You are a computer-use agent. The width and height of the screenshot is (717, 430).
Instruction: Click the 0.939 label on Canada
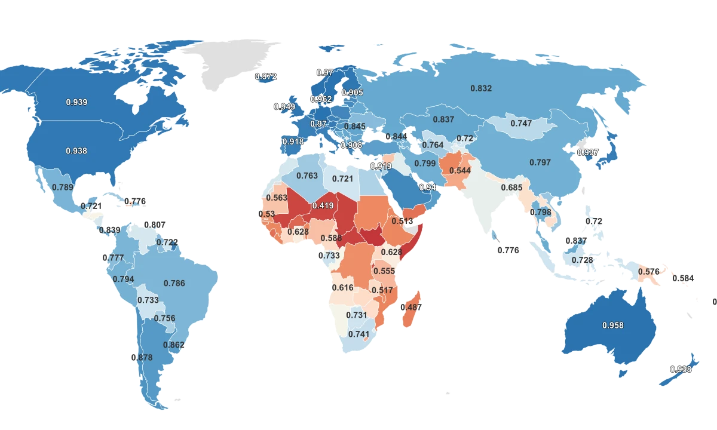click(76, 102)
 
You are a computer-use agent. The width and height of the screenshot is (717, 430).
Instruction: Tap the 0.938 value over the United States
click(76, 151)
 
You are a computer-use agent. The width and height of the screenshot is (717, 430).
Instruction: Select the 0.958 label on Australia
click(612, 325)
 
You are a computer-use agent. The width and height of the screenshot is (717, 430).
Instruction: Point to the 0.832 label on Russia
click(481, 88)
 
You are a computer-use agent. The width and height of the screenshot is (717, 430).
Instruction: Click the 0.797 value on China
click(540, 162)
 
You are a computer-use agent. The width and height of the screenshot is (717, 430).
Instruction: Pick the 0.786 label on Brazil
click(174, 283)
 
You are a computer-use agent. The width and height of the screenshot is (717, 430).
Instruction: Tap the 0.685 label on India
click(511, 188)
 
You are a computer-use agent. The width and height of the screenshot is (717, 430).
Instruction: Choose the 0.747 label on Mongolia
click(521, 123)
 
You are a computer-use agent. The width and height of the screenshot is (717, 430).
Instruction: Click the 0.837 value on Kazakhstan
click(443, 119)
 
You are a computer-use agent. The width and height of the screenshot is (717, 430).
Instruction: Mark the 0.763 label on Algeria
click(307, 176)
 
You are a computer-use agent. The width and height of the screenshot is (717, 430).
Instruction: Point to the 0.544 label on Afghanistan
click(460, 170)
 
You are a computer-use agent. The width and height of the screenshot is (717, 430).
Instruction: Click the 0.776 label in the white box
click(508, 250)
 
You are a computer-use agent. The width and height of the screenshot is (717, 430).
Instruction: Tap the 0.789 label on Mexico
click(62, 187)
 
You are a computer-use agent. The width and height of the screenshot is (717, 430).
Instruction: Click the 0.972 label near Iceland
click(265, 76)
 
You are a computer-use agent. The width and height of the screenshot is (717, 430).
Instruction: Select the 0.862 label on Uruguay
click(173, 345)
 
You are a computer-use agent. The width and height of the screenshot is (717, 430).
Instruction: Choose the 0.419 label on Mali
click(323, 206)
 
